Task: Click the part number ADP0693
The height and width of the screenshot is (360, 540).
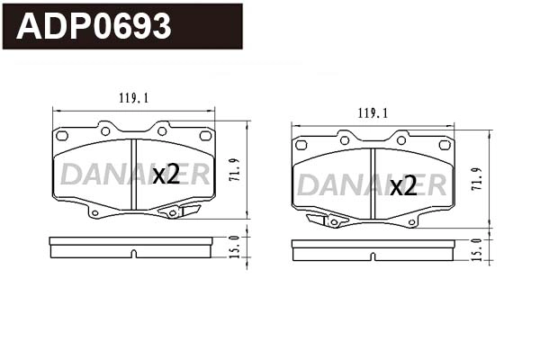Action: (94, 28)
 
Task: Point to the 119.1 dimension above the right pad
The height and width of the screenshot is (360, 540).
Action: (373, 114)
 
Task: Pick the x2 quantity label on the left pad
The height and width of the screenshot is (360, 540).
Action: (166, 175)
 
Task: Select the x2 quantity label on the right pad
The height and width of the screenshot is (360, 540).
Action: (404, 185)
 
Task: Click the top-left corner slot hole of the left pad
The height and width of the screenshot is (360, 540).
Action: (62, 136)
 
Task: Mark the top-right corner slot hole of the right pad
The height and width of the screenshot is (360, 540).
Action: (444, 144)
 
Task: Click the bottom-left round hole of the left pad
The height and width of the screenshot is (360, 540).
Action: (94, 213)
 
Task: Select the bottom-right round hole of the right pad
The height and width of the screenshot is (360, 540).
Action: (412, 221)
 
